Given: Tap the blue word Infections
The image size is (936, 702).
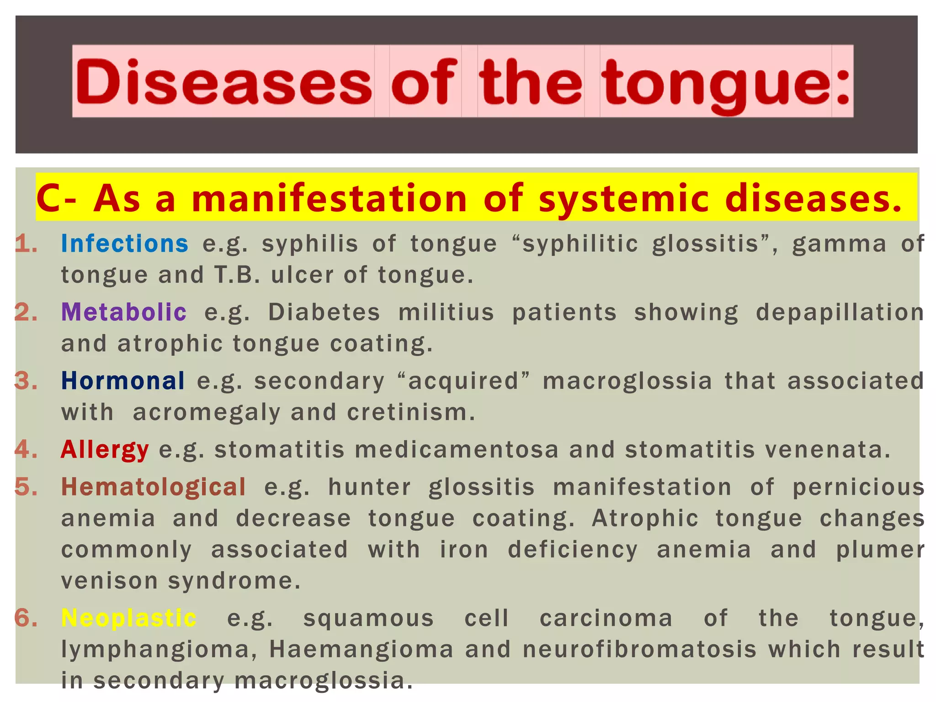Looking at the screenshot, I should pyautogui.click(x=124, y=244).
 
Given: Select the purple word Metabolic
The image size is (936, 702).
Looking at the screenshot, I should pyautogui.click(x=124, y=313).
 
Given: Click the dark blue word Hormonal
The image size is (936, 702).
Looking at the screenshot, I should pyautogui.click(x=123, y=381).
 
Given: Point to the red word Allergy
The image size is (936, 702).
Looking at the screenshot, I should pyautogui.click(x=105, y=450).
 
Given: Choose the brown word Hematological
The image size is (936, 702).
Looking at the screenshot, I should pyautogui.click(x=154, y=487).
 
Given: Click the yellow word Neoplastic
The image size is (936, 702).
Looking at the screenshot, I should pyautogui.click(x=129, y=618).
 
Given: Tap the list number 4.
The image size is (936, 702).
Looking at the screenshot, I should pyautogui.click(x=26, y=450).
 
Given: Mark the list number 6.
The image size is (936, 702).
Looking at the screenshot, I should pyautogui.click(x=26, y=618).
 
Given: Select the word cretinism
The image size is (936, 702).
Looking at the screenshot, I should pyautogui.click(x=410, y=413).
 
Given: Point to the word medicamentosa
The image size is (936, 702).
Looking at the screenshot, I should pyautogui.click(x=457, y=450).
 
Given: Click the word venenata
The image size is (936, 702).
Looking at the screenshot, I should pyautogui.click(x=827, y=450).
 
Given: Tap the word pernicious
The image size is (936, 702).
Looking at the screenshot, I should pyautogui.click(x=858, y=487).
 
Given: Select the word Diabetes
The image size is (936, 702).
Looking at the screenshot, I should pyautogui.click(x=324, y=313).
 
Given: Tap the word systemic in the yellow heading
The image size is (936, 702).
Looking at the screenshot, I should pyautogui.click(x=624, y=198).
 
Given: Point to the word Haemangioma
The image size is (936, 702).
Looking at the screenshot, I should pyautogui.click(x=361, y=650).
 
